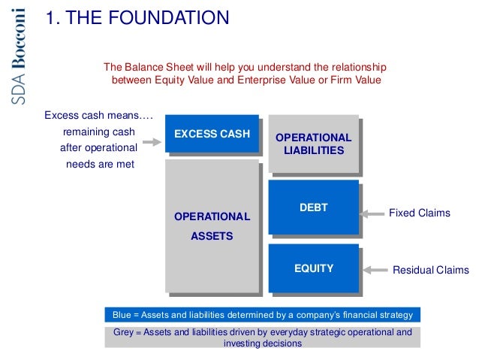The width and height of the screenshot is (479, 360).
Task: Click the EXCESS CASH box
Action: [212, 135]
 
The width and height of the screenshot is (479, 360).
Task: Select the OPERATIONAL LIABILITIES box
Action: [313, 144]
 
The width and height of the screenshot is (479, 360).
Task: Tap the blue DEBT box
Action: [313, 207]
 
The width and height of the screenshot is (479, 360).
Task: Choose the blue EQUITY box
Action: [313, 268]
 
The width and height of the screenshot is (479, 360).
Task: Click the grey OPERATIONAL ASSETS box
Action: [212, 225]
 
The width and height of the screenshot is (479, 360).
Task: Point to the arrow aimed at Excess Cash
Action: [152, 141]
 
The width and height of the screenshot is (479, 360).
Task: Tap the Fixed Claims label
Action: [419, 213]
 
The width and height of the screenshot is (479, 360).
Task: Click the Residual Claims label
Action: [430, 270]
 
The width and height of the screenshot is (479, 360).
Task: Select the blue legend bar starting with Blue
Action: [263, 314]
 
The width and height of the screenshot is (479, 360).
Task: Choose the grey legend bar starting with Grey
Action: [263, 337]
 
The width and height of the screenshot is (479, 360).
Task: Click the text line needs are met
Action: [100, 165]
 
